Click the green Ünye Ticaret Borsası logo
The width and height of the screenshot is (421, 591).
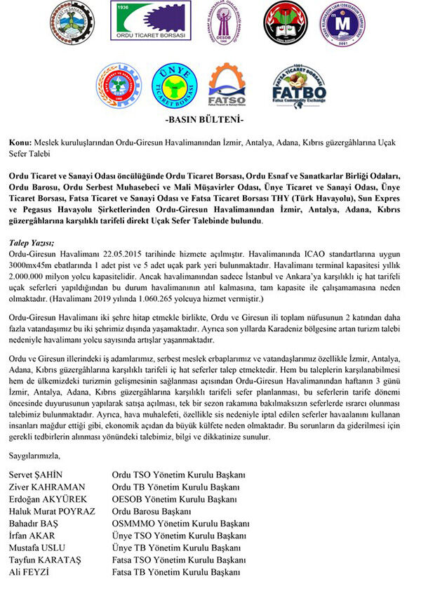point(171,85)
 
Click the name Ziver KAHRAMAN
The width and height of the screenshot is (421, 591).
point(46,486)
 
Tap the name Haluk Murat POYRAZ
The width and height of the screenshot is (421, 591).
point(51,511)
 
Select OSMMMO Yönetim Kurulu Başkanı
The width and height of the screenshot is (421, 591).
point(181,523)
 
